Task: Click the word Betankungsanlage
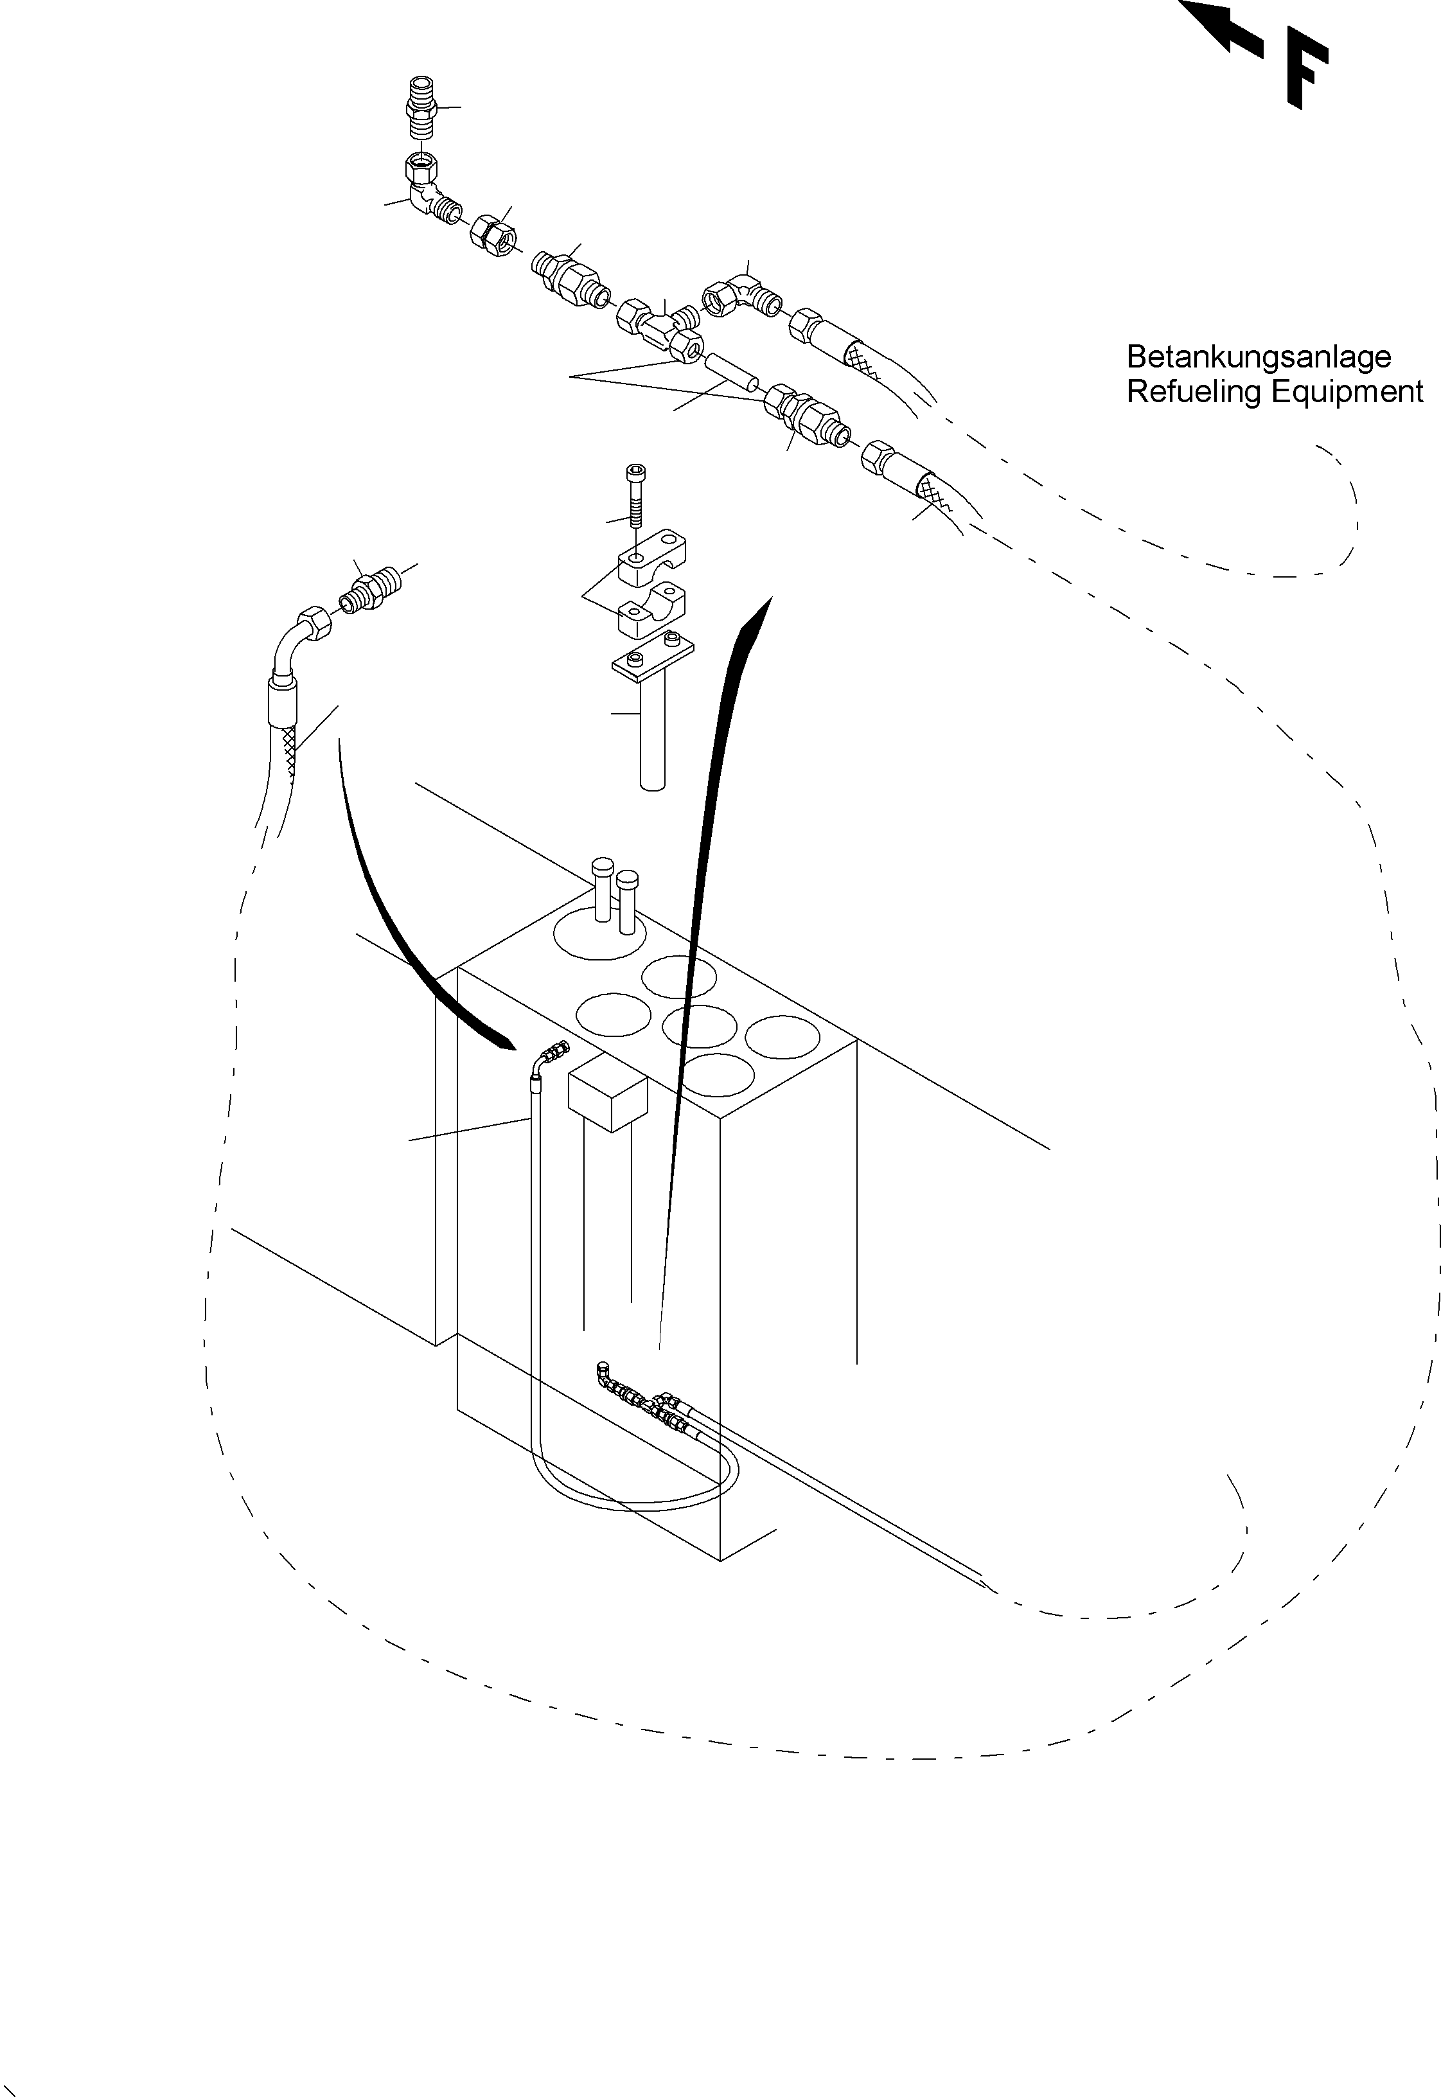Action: pyautogui.click(x=1258, y=357)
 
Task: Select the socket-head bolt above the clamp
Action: pyautogui.click(x=635, y=497)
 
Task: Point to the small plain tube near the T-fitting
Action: pyautogui.click(x=731, y=372)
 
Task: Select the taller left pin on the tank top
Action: pyautogui.click(x=602, y=889)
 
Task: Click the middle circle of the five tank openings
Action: pyautogui.click(x=700, y=1027)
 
